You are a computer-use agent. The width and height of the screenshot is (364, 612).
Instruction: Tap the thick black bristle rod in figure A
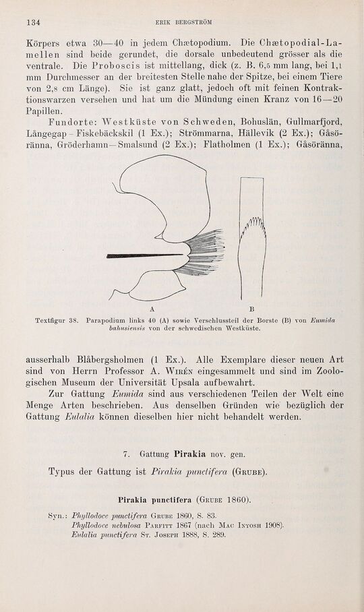pos(142,255)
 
